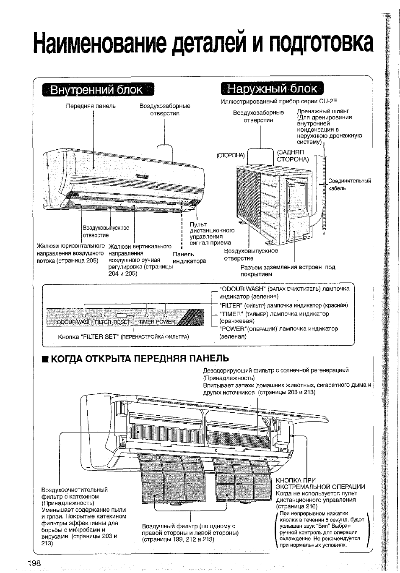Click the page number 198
coord(34,563)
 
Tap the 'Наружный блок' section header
coord(273,89)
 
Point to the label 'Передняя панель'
coord(91,106)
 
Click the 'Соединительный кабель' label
coord(349,185)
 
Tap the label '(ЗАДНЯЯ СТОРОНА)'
coord(293,156)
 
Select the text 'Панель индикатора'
coord(189,258)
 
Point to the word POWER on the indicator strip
coord(166,322)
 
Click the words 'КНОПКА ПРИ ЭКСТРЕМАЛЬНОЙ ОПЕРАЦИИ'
coord(320,483)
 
